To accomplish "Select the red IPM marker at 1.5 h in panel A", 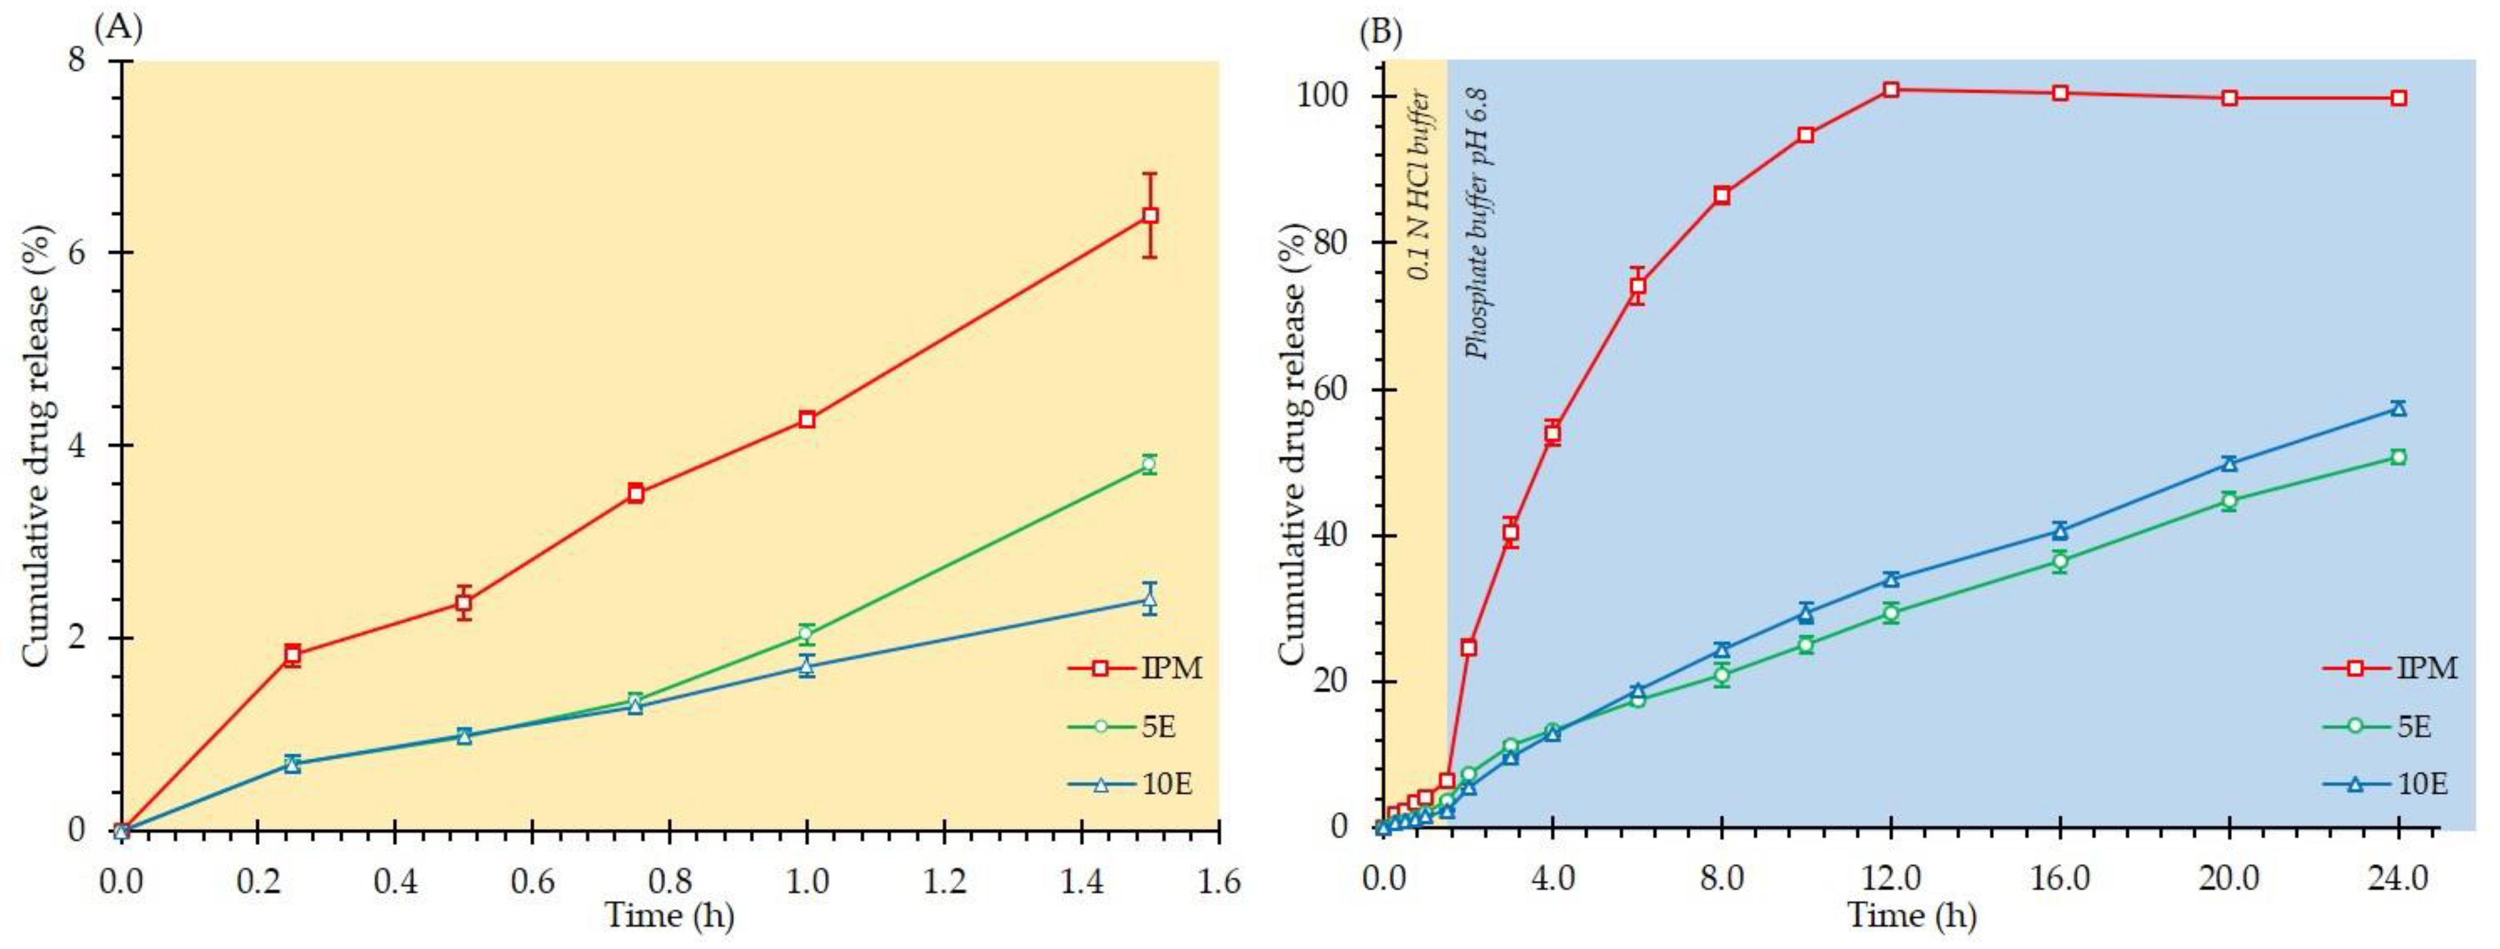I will click(x=1149, y=215).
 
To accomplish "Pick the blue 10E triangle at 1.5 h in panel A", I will click(x=1149, y=599).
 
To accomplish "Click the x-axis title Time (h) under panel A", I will click(x=670, y=915).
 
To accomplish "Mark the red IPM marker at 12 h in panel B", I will click(x=1891, y=90).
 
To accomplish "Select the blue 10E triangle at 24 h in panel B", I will click(x=2398, y=408).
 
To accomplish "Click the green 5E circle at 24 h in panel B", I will click(x=2398, y=457).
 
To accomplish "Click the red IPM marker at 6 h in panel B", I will click(x=1637, y=286).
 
